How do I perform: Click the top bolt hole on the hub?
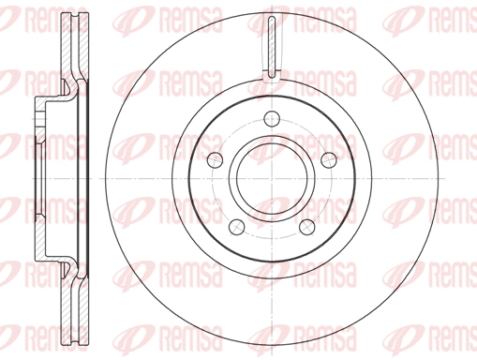(x=272, y=118)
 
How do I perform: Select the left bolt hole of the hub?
(x=216, y=159)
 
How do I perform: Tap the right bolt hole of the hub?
(x=329, y=159)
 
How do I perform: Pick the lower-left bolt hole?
(x=237, y=227)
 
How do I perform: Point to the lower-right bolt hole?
(x=306, y=227)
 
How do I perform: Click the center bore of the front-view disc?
(x=272, y=178)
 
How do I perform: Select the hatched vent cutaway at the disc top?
(x=272, y=46)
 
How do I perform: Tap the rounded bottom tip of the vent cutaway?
(x=272, y=76)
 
